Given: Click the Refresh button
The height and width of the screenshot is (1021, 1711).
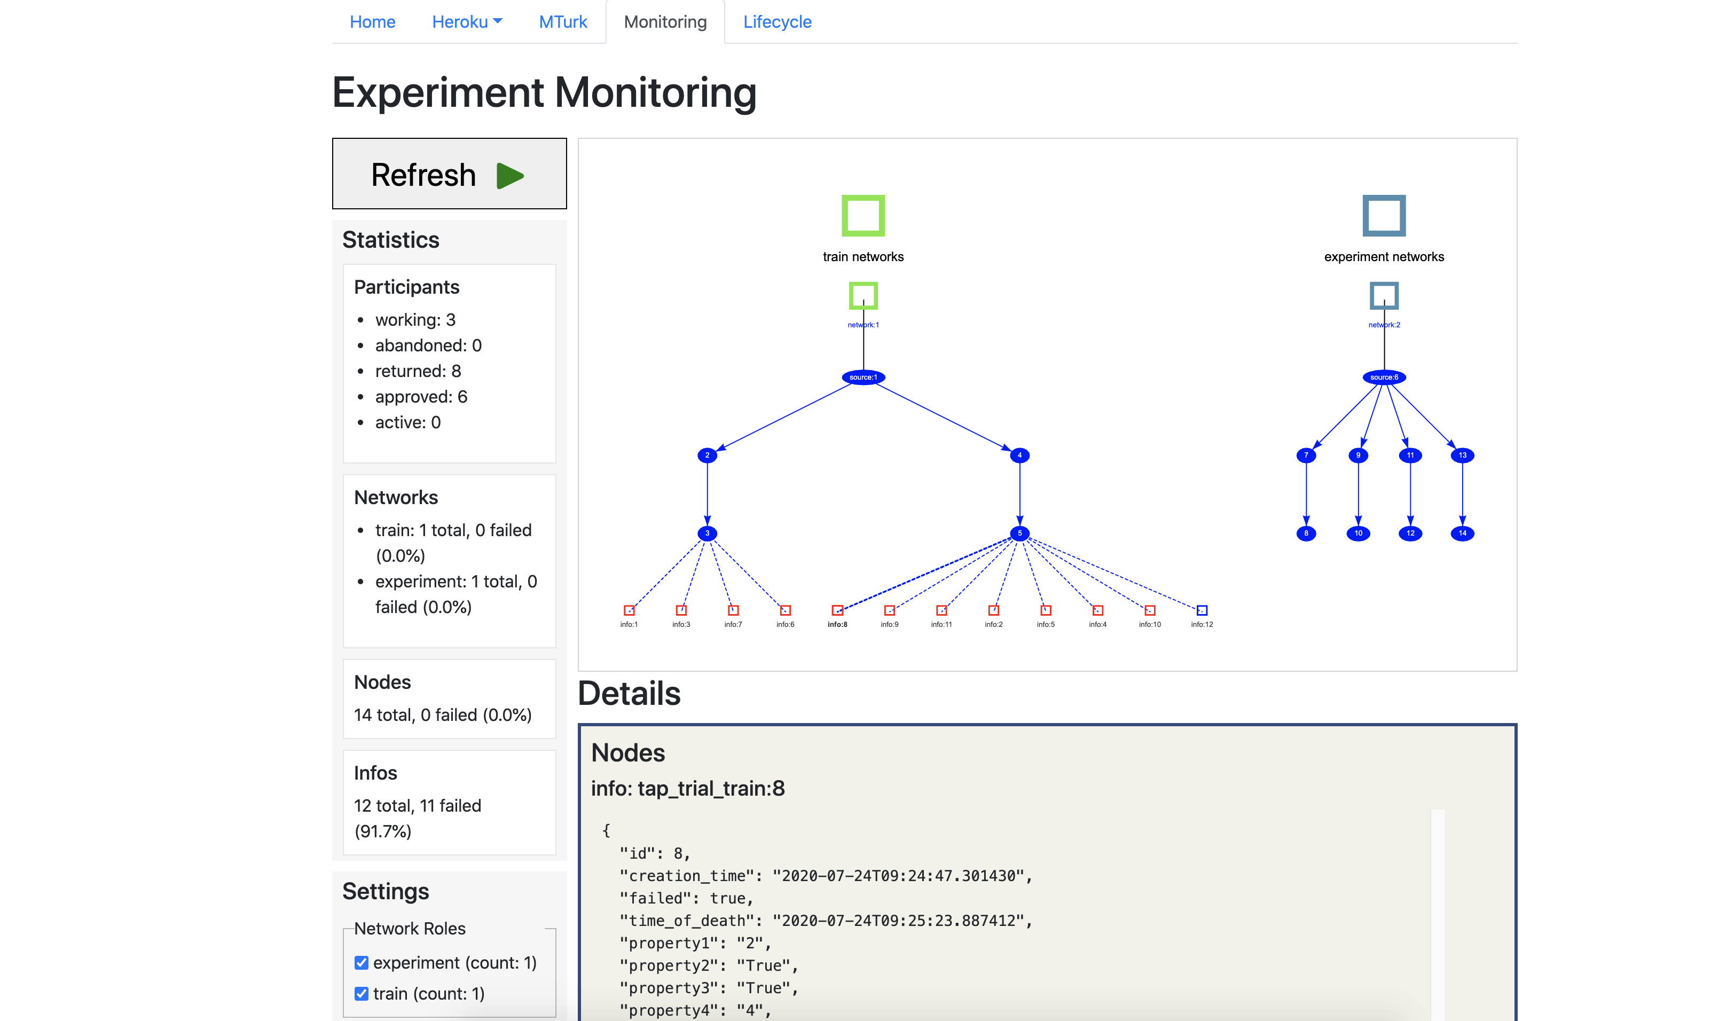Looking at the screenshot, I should [449, 174].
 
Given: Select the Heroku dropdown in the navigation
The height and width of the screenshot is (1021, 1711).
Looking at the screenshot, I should [466, 22].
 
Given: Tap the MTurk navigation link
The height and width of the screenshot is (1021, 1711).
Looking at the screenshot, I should [562, 22].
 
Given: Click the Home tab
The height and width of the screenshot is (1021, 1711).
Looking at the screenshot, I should [372, 22].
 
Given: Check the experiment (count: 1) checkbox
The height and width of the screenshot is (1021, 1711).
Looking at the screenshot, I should [361, 962].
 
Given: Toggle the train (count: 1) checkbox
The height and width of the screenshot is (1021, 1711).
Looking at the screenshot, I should [361, 993].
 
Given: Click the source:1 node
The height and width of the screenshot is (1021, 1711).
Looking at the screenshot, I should [863, 377].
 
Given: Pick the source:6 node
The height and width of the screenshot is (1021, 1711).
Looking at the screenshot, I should [1384, 377].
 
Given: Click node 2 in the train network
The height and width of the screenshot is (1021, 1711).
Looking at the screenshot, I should [707, 455].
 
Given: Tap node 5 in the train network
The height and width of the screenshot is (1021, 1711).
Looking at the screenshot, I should [1019, 533].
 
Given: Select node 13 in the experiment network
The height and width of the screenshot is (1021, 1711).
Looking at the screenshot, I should [1462, 455].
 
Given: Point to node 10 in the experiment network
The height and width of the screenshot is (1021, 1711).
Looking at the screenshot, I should [1357, 533].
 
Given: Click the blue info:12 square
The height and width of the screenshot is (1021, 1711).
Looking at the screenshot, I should [1201, 610].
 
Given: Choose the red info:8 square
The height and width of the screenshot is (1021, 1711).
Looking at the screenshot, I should [837, 610].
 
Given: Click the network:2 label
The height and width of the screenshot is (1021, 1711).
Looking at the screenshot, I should [1384, 325].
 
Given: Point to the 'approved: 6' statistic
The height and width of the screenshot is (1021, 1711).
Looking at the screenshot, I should [420, 397].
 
